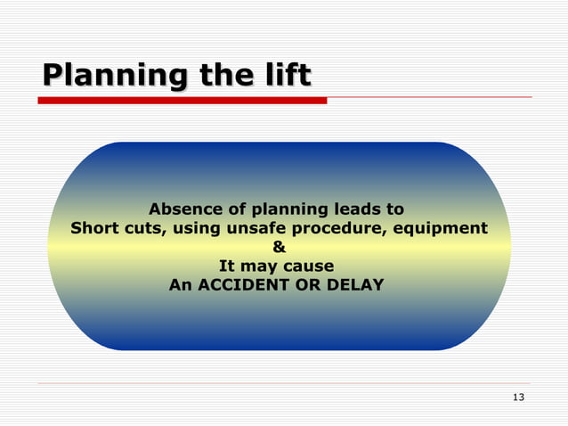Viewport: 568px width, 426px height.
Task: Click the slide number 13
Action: (x=519, y=397)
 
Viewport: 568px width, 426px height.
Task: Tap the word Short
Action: (x=94, y=228)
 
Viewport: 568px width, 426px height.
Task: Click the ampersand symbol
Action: (x=278, y=248)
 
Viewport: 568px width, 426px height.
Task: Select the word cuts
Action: (x=142, y=228)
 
